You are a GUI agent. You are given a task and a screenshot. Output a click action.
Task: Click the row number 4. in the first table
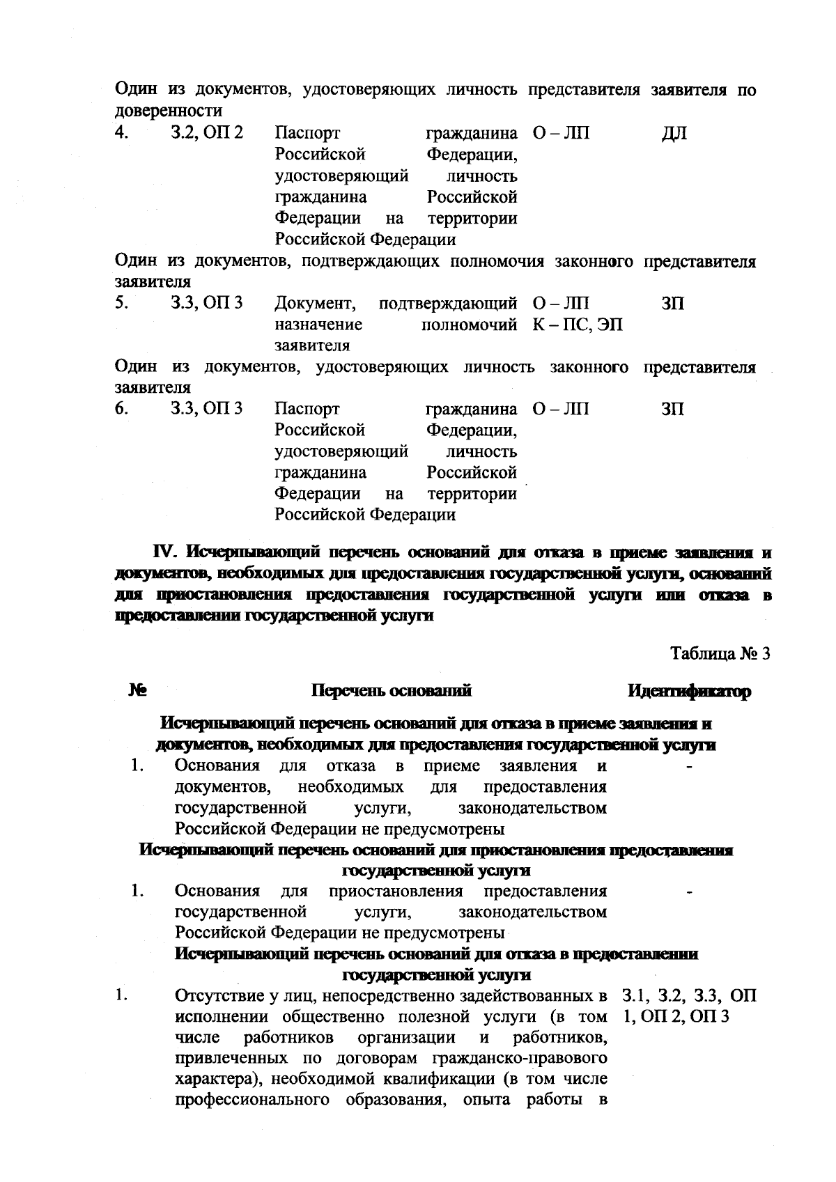pyautogui.click(x=122, y=132)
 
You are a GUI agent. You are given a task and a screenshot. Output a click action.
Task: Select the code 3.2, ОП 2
pyautogui.click(x=207, y=132)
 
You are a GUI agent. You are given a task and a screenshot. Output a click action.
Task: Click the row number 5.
pyautogui.click(x=122, y=304)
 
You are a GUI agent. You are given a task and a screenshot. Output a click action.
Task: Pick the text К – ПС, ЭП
pyautogui.click(x=578, y=325)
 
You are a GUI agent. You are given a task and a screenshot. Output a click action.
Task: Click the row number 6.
pyautogui.click(x=122, y=409)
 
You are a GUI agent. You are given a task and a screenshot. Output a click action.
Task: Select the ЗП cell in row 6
pyautogui.click(x=672, y=409)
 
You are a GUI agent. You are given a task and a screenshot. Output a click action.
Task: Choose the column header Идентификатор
pyautogui.click(x=690, y=691)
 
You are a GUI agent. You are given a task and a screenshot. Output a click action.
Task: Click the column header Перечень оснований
pyautogui.click(x=392, y=691)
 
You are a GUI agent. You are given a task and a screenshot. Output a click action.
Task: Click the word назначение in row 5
pyautogui.click(x=318, y=325)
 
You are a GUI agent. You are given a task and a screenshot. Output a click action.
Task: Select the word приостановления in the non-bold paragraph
pyautogui.click(x=395, y=892)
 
